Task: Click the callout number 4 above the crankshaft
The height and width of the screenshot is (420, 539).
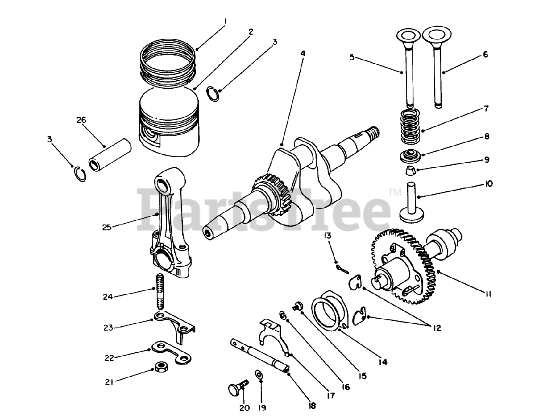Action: point(302,53)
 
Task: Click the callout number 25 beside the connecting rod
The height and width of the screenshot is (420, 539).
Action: point(107,227)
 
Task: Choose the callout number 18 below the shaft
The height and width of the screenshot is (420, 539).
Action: point(312,406)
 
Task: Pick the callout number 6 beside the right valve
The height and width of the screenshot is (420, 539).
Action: point(486,54)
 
